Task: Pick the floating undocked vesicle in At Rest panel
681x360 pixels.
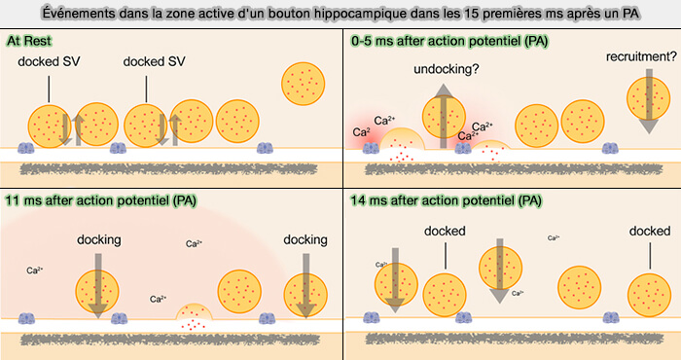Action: pyautogui.click(x=305, y=86)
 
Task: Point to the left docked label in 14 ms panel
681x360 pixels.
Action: pyautogui.click(x=447, y=232)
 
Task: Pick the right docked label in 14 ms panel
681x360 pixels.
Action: pyautogui.click(x=649, y=232)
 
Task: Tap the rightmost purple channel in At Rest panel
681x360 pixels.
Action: pyautogui.click(x=265, y=150)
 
